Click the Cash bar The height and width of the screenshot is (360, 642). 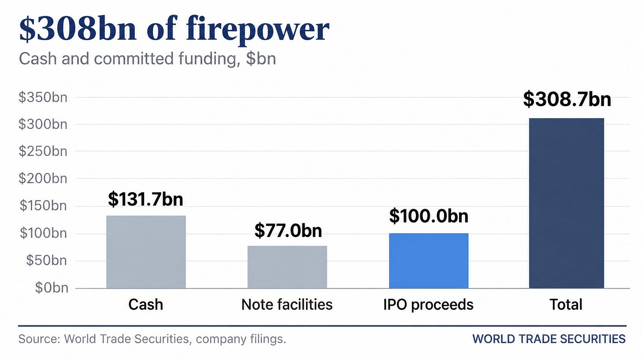[x=146, y=252]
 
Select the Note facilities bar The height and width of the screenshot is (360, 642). [x=287, y=267]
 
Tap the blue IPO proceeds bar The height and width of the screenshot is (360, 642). [x=429, y=260]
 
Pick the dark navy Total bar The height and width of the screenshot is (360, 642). [x=566, y=203]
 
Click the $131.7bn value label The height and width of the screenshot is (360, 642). [x=146, y=199]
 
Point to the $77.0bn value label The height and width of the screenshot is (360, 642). [x=288, y=230]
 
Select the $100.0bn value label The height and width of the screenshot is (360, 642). [x=429, y=216]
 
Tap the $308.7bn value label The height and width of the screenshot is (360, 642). [x=567, y=99]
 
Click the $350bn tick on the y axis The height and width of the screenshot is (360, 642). [x=43, y=97]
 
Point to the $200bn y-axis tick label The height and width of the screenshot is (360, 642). [x=43, y=178]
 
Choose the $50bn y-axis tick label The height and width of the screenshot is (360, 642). [x=46, y=260]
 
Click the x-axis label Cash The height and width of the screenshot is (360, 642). [x=146, y=304]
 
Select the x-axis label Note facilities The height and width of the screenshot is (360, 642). [x=287, y=304]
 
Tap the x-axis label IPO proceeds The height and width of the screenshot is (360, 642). [x=429, y=305]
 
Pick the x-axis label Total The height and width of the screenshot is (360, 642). [x=566, y=304]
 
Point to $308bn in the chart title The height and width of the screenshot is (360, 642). [x=78, y=29]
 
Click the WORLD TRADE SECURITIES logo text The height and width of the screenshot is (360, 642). [x=549, y=339]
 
